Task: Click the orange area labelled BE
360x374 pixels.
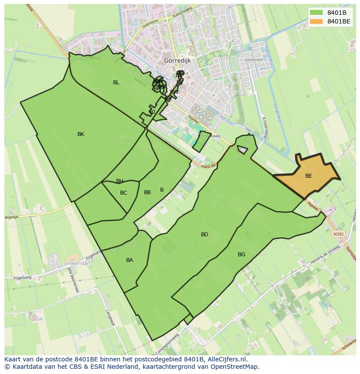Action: tap(308, 176)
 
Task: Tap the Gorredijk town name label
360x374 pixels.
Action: tap(178, 61)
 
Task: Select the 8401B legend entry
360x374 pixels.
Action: tap(337, 13)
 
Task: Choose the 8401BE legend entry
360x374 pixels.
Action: tap(339, 21)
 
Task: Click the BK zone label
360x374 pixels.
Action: tap(81, 134)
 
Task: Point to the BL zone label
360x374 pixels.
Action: tap(116, 83)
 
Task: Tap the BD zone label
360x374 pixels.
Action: tap(204, 235)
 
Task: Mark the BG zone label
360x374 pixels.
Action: tap(242, 255)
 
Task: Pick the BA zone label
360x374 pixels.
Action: tap(130, 260)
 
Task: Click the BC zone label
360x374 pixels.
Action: tap(123, 193)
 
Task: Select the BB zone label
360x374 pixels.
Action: tap(147, 192)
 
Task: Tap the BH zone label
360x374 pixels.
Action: tap(120, 181)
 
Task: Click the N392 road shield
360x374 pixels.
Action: tap(338, 234)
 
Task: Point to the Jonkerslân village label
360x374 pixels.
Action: tap(77, 263)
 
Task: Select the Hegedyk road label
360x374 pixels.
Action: tap(12, 217)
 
